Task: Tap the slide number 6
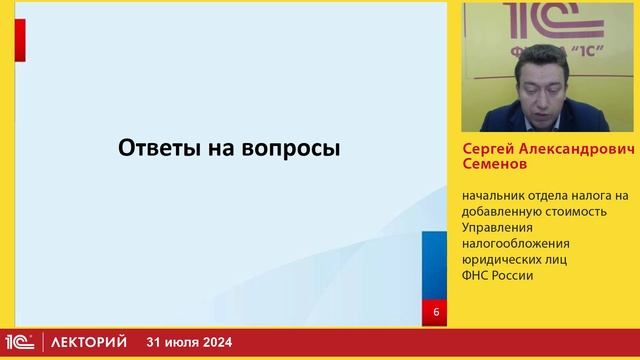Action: (436, 313)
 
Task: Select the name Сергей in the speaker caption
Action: (487, 146)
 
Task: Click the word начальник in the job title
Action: (491, 196)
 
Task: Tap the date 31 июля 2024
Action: (189, 343)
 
